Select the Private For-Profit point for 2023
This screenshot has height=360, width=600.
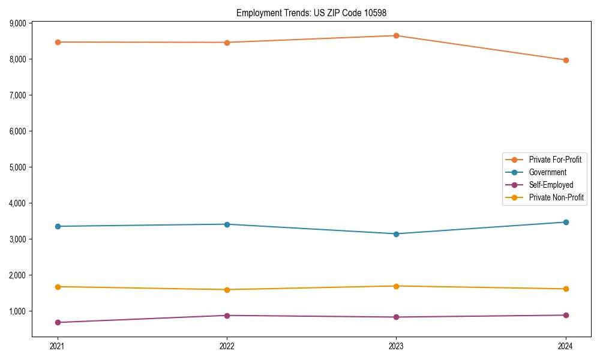[396, 35]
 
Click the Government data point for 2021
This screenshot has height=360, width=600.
[58, 226]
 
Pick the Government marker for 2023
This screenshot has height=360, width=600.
[396, 234]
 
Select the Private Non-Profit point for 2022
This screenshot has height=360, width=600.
[227, 290]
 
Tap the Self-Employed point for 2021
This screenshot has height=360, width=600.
[58, 323]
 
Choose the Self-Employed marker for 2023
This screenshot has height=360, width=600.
[396, 317]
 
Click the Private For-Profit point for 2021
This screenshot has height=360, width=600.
[58, 42]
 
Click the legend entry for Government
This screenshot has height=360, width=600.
[547, 172]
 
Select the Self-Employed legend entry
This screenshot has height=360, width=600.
[551, 185]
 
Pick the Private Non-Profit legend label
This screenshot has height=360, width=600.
[556, 197]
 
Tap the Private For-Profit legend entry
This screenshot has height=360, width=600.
[555, 160]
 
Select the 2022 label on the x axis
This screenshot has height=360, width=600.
[227, 346]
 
